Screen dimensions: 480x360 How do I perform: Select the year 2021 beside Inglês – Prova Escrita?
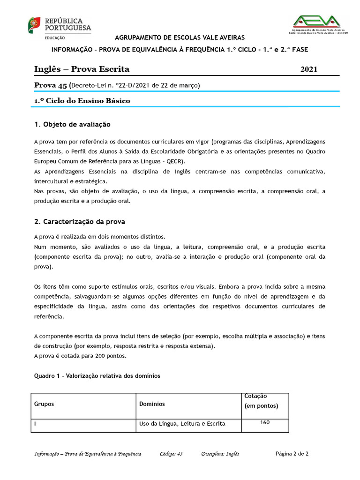click(x=308, y=69)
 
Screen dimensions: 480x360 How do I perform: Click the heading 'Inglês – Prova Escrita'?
click(x=82, y=69)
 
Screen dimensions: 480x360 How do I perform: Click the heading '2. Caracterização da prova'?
click(x=80, y=221)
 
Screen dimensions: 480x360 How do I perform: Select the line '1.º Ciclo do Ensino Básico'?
click(x=82, y=101)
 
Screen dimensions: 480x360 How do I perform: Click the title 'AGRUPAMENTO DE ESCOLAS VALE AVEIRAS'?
click(x=180, y=37)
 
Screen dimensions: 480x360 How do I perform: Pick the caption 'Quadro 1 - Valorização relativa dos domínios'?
click(x=97, y=375)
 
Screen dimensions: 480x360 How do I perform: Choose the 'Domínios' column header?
click(x=152, y=404)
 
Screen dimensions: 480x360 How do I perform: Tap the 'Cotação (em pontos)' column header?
click(x=261, y=401)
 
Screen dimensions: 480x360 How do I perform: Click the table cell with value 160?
click(x=265, y=423)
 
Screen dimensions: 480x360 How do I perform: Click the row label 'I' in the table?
click(x=36, y=424)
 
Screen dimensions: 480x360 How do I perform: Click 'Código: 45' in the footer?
click(x=171, y=454)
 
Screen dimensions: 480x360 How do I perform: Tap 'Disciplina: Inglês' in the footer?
click(x=220, y=454)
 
